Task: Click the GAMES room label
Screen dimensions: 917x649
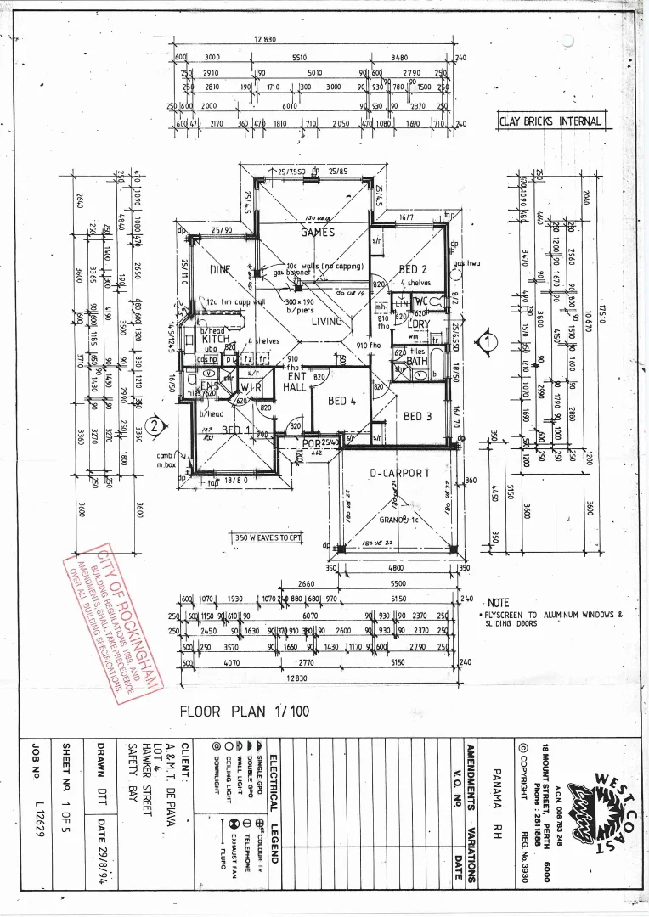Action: (x=318, y=232)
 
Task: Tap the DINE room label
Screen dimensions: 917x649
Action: (x=220, y=270)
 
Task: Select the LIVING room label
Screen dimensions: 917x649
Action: (x=327, y=322)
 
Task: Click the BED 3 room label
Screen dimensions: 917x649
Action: (x=418, y=416)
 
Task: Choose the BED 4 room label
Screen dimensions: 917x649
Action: (x=342, y=401)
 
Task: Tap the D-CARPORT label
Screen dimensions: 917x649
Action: (x=399, y=473)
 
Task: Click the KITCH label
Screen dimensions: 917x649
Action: (x=215, y=340)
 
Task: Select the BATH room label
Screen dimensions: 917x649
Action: (x=417, y=361)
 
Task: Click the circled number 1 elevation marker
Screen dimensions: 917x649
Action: (x=487, y=342)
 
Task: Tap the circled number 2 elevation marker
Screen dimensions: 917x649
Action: (x=154, y=426)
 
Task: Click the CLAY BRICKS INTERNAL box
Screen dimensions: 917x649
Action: (x=552, y=121)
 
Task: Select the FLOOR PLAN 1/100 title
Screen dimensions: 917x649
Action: (x=245, y=712)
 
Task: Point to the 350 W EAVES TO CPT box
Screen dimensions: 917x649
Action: (x=268, y=537)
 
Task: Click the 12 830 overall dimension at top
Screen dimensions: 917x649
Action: (x=266, y=40)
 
